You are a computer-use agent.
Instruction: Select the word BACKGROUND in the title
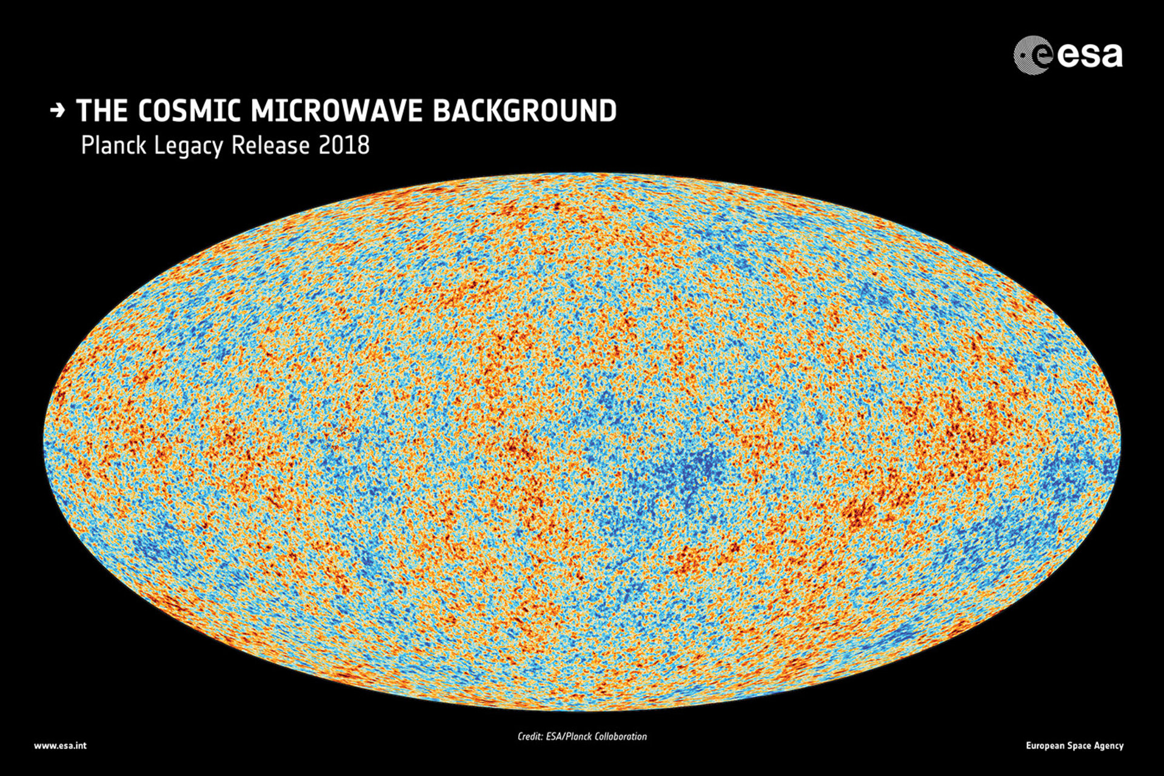tap(525, 111)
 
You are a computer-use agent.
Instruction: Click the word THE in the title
tap(102, 111)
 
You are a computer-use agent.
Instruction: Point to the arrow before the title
tap(58, 111)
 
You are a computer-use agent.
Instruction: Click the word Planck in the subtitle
tap(113, 146)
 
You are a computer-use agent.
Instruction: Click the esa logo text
tap(1089, 56)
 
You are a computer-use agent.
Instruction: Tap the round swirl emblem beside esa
tap(1032, 56)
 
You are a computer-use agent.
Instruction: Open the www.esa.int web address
tap(60, 746)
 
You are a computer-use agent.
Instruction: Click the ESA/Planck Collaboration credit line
tap(582, 737)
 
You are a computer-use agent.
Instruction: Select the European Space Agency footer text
tap(1074, 746)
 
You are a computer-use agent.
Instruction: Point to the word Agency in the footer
tap(1109, 746)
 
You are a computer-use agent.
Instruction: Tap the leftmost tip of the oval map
tap(45, 441)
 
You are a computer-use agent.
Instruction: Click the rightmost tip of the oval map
tap(1119, 441)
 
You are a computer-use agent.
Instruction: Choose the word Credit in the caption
tap(529, 737)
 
